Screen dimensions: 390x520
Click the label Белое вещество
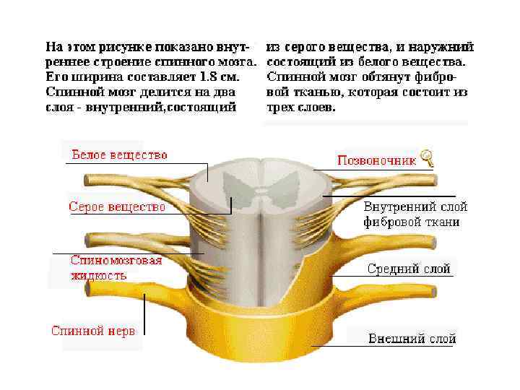[119, 155]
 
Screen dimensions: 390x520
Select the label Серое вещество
[117, 207]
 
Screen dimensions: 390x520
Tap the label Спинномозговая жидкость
[116, 267]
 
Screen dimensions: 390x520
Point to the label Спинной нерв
[92, 331]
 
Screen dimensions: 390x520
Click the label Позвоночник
[376, 160]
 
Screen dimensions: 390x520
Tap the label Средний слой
[409, 269]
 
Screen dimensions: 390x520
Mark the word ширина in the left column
[94, 77]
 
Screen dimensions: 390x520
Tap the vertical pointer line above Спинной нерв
[144, 311]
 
